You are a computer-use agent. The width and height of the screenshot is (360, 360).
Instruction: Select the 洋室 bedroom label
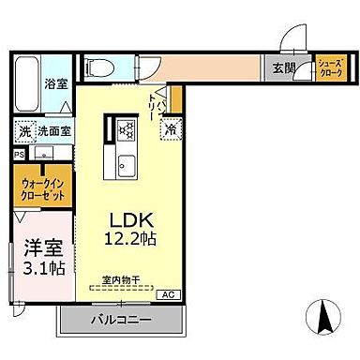pos(38,249)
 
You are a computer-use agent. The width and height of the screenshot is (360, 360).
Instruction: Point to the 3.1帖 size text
pos(38,269)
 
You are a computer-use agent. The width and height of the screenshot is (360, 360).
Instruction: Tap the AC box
pos(169,294)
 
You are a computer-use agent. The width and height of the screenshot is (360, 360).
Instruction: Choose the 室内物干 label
pos(121,278)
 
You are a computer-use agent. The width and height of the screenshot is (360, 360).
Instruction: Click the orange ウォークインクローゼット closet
pos(40,193)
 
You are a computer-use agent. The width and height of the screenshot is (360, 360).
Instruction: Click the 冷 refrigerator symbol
pos(171,129)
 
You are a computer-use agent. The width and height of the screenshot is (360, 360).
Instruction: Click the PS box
pos(19,155)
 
